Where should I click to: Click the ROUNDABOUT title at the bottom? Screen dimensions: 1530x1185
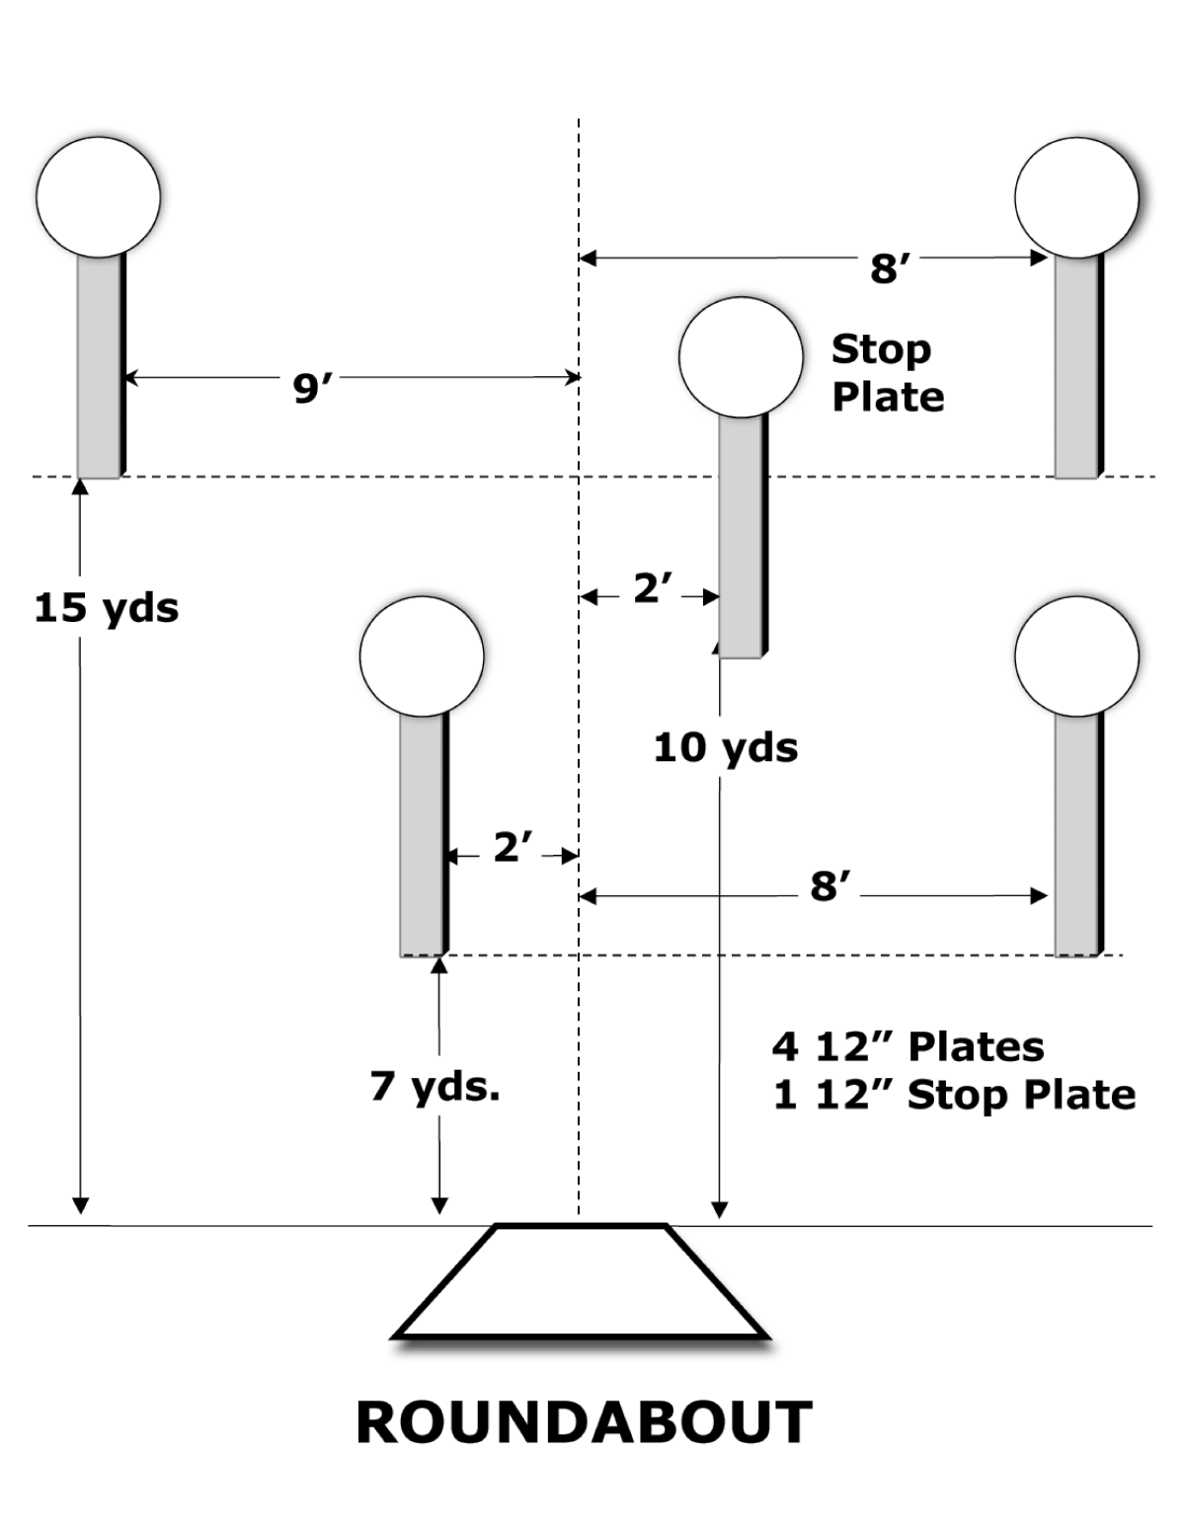pyautogui.click(x=584, y=1422)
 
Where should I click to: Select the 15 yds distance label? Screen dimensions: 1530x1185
pyautogui.click(x=107, y=607)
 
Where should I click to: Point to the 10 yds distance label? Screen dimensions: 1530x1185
pyautogui.click(x=726, y=747)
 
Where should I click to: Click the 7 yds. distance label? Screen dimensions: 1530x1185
pyautogui.click(x=435, y=1086)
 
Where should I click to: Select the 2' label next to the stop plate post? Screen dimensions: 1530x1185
pyautogui.click(x=653, y=589)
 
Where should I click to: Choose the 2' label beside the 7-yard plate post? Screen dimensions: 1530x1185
pyautogui.click(x=513, y=847)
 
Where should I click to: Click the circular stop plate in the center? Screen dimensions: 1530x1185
pyautogui.click(x=741, y=357)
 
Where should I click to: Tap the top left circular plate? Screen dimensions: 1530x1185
pyautogui.click(x=98, y=196)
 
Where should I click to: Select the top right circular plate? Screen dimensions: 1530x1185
pyautogui.click(x=1076, y=196)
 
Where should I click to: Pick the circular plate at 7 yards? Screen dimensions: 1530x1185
pyautogui.click(x=422, y=655)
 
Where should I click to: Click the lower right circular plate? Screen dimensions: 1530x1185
pyautogui.click(x=1076, y=655)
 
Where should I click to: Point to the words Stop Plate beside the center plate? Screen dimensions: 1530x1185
pyautogui.click(x=887, y=373)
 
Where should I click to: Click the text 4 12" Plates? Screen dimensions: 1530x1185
pyautogui.click(x=908, y=1046)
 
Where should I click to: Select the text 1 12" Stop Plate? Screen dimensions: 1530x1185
pyautogui.click(x=954, y=1095)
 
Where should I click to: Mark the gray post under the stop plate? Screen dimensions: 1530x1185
pyautogui.click(x=742, y=538)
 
